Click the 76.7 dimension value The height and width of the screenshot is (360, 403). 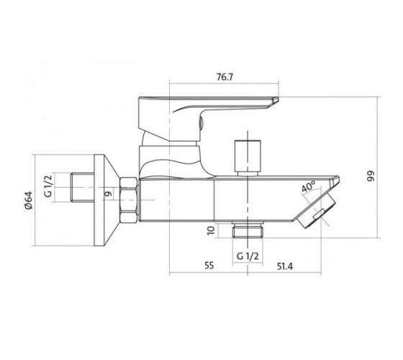(225, 77)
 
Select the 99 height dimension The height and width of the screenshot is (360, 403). (371, 176)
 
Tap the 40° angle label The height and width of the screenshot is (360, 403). (309, 186)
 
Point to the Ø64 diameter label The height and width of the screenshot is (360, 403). (28, 200)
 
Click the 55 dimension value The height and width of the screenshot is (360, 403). (209, 266)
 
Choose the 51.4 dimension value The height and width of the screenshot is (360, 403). (285, 266)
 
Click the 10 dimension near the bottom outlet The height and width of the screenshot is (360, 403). (211, 230)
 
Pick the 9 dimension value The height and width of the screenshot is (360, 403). (109, 194)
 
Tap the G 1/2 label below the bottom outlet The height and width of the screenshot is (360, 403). (248, 256)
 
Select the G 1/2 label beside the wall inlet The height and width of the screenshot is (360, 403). (48, 186)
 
